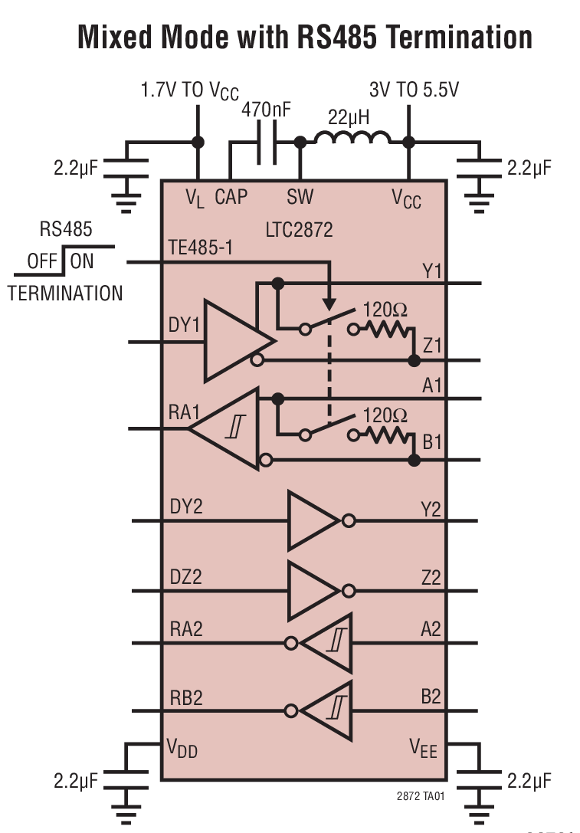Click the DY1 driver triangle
tap(234, 339)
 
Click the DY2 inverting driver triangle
tap(312, 521)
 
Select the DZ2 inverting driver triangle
tap(312, 591)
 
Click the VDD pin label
tap(183, 749)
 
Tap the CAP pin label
tap(231, 197)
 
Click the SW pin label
tap(300, 197)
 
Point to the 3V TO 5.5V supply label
tap(414, 90)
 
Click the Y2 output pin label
tap(431, 507)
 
